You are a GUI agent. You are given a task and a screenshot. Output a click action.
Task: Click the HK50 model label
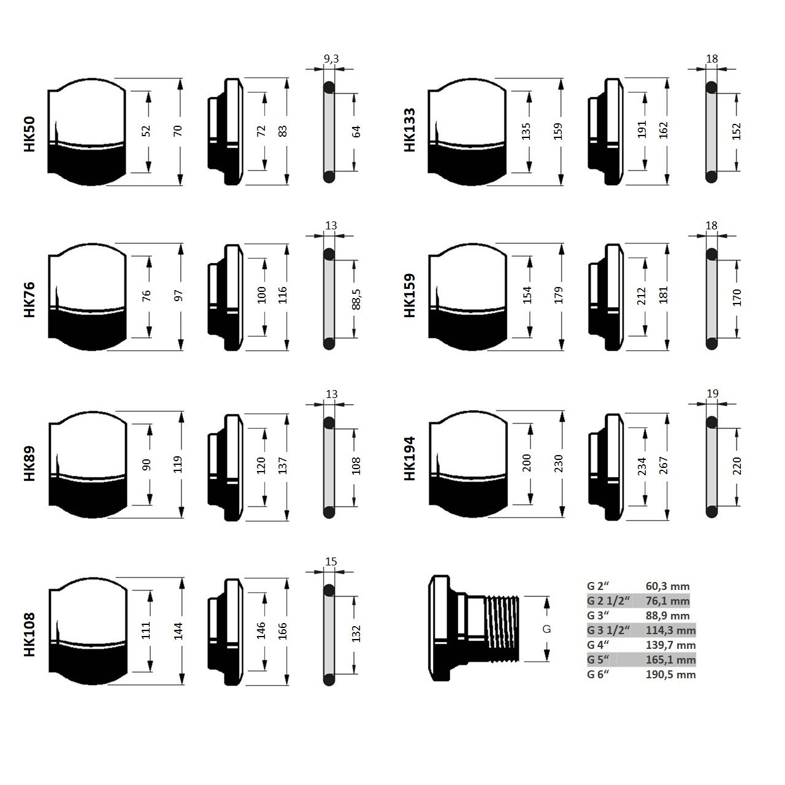click(29, 134)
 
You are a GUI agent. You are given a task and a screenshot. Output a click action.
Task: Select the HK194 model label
click(410, 458)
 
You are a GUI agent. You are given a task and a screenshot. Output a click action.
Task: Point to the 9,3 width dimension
click(331, 59)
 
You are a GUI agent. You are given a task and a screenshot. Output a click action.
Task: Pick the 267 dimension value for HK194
click(663, 465)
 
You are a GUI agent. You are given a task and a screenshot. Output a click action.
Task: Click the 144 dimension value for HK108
click(178, 631)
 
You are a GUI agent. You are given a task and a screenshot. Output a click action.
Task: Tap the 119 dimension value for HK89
click(178, 464)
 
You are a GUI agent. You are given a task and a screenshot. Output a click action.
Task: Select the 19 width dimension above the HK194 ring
click(713, 394)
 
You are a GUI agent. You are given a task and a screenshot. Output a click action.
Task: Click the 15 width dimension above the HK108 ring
click(331, 562)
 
